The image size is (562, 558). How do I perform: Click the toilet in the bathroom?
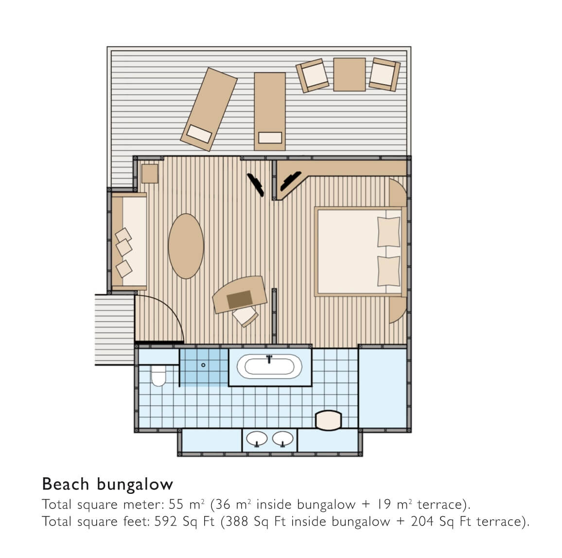[x=158, y=376]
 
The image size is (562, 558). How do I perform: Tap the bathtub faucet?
[x=269, y=359]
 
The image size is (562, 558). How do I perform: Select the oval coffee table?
[x=186, y=246]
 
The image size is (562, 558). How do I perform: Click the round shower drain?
[x=203, y=365]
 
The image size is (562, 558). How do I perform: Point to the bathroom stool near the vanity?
[x=328, y=420]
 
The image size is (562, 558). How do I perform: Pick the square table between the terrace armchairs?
[x=350, y=74]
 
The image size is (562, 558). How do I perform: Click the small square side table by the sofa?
[x=150, y=174]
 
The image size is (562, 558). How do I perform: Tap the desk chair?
[x=245, y=316]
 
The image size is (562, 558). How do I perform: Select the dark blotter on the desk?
[x=240, y=299]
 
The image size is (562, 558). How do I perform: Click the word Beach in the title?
[x=65, y=484]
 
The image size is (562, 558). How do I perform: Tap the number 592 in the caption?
[x=166, y=521]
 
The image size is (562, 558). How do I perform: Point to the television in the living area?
[x=256, y=185]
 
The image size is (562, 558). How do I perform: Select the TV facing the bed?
[x=290, y=181]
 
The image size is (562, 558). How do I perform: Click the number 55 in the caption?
[x=176, y=504]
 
